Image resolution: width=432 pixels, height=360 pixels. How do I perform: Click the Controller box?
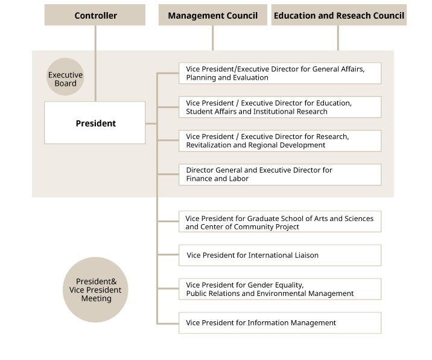click(95, 15)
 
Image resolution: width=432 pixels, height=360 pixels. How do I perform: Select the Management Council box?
click(213, 15)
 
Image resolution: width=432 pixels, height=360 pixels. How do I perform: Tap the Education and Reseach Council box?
click(339, 15)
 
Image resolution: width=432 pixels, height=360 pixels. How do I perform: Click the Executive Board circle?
click(65, 77)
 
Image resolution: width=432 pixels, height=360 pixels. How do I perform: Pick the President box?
click(95, 123)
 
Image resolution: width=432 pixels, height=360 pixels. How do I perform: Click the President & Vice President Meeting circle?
click(95, 290)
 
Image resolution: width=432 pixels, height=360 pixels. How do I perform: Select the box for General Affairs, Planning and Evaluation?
click(280, 73)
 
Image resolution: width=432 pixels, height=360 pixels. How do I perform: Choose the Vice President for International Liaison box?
click(280, 255)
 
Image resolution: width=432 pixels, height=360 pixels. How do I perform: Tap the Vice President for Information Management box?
click(280, 323)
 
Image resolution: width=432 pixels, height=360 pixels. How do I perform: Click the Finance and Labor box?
click(280, 175)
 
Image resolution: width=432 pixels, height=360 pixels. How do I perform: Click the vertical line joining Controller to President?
click(95, 63)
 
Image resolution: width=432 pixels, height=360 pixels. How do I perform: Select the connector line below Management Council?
click(213, 38)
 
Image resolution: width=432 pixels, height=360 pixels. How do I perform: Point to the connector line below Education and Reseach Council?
click(338, 38)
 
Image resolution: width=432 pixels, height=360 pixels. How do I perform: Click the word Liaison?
click(307, 255)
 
